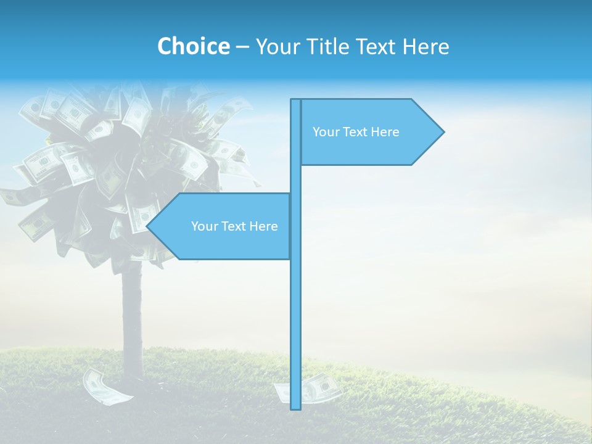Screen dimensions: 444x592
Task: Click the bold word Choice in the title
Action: tap(193, 46)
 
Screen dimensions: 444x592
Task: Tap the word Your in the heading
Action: tap(277, 46)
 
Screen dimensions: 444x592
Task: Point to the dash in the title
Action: tap(242, 47)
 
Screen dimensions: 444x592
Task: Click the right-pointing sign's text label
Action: tap(356, 132)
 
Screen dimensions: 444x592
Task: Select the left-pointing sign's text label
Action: tap(234, 226)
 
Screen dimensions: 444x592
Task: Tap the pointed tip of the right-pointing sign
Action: tap(442, 131)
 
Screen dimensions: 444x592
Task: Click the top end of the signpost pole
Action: tap(295, 101)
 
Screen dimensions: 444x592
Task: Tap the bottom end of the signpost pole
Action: tap(295, 407)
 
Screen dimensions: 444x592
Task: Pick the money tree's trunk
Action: tap(132, 321)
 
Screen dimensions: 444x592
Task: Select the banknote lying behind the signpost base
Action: tap(311, 387)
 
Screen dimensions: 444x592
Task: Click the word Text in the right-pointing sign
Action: tap(356, 132)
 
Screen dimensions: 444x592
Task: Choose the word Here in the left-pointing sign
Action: tap(264, 226)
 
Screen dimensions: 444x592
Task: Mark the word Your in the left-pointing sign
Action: tap(203, 226)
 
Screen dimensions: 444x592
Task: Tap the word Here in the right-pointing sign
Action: tap(385, 132)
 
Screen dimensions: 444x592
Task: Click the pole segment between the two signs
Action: tap(295, 179)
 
